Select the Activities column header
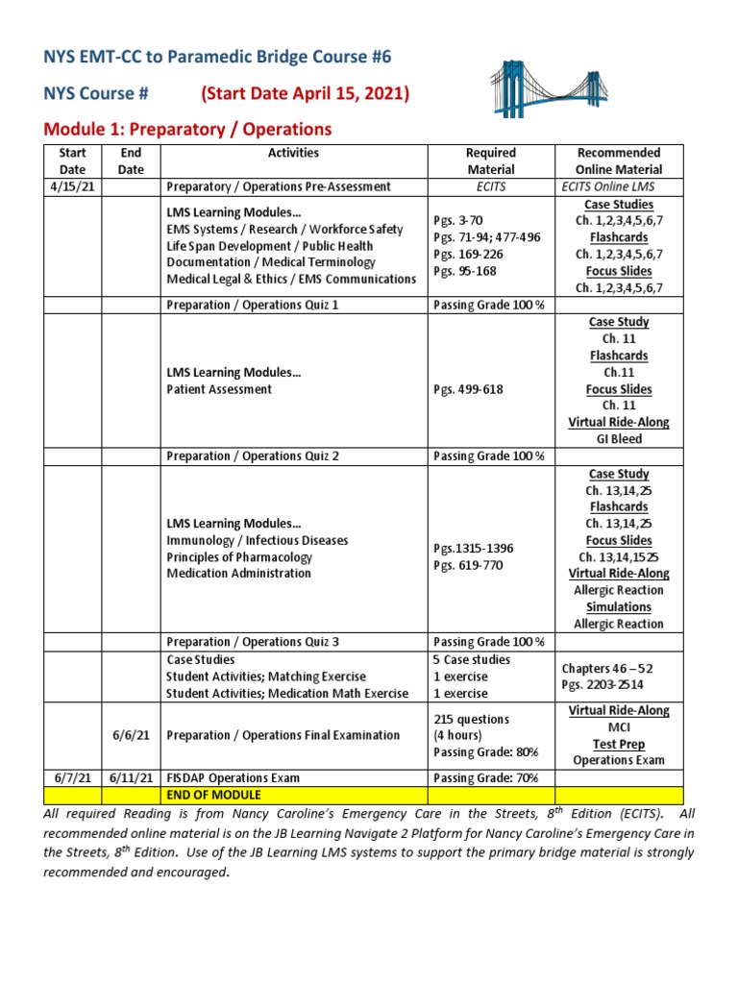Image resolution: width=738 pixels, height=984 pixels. coord(294,153)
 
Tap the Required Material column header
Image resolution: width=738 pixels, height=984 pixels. coord(490,160)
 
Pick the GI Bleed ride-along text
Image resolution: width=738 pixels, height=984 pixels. coord(618,439)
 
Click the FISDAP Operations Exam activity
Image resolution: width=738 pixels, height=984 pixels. coord(234,778)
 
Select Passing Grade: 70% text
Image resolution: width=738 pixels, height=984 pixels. coord(485,778)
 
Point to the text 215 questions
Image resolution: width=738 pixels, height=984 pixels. coord(471,719)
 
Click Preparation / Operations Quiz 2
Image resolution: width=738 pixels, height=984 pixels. coord(253,456)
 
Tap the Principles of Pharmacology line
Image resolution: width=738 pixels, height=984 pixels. coord(239,557)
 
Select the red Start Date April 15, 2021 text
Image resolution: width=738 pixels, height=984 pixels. coord(305,93)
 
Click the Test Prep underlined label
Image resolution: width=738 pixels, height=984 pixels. coord(618,744)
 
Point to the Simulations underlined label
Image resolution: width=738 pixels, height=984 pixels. coord(618,607)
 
